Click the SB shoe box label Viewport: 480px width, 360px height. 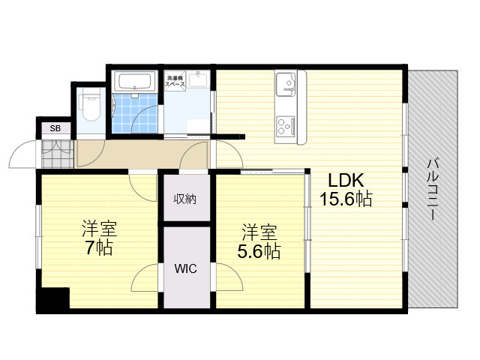(x=55, y=128)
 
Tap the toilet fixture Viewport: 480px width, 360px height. (x=91, y=106)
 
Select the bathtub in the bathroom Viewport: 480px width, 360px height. (x=134, y=81)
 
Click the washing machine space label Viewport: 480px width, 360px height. (x=175, y=81)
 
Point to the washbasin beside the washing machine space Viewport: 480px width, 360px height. (x=198, y=79)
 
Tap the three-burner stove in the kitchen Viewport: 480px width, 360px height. (x=285, y=126)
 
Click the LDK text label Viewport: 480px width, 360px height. (x=346, y=180)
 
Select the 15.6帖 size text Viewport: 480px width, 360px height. (x=346, y=199)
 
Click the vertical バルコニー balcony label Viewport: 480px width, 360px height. (x=433, y=189)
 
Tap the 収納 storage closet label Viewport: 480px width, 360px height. (x=185, y=199)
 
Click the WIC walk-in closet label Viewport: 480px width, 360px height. (x=185, y=268)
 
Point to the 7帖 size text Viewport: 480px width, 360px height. (x=99, y=247)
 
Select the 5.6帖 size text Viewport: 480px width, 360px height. (x=259, y=251)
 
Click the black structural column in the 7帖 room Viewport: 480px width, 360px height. (x=53, y=299)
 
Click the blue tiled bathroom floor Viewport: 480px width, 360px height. (x=135, y=113)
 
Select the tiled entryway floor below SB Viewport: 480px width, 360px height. (x=57, y=154)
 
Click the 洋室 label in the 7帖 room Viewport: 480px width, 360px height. (x=99, y=228)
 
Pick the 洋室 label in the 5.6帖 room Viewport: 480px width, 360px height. (x=259, y=232)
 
